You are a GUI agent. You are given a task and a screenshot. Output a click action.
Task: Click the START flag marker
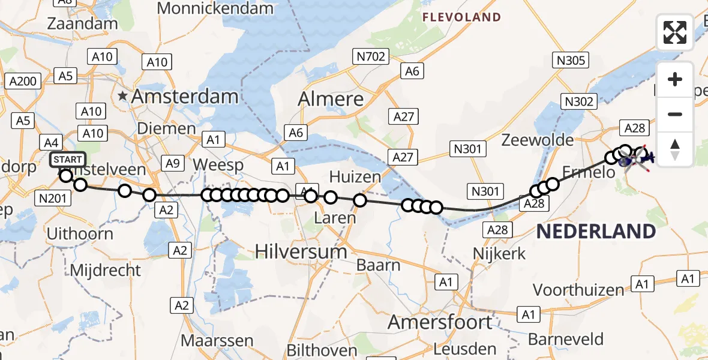coord(68,160)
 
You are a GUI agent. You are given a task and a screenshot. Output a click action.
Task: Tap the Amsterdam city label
coord(185,96)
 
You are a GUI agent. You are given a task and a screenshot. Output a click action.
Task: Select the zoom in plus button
coord(675,79)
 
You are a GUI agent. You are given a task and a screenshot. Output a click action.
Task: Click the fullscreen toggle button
coord(675,32)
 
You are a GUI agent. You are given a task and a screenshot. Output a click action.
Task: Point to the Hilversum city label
coord(301,251)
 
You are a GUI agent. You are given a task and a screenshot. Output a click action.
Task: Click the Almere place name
coord(331,98)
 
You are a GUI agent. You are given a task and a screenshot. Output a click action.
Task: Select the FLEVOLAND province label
coord(461,17)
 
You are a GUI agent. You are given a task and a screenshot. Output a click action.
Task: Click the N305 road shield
coord(572,60)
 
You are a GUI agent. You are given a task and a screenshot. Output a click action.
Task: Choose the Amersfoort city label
coord(440,322)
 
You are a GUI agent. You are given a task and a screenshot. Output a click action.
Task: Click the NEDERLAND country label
coord(596,232)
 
